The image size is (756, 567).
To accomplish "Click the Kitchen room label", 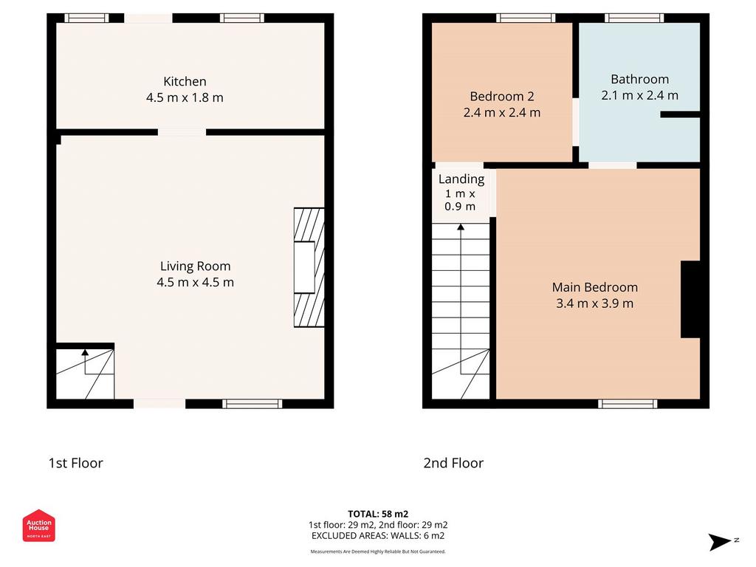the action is pos(185,81).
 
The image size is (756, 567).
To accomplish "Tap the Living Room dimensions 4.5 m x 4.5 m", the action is pos(195,282).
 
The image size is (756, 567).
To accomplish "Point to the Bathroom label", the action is pos(640,79).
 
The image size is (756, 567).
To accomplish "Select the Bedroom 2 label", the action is pos(502,97).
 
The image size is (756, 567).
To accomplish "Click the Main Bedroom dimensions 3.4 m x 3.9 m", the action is pos(595,303).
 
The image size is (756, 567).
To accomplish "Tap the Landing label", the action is pos(461,179).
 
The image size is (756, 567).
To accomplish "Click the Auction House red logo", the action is pos(38,526).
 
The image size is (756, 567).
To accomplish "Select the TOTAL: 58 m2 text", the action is pos(378,514).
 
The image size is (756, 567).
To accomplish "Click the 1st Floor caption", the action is pos(76,464).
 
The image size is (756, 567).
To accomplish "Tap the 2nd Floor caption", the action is pos(453,464).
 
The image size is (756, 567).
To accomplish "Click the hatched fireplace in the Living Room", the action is pos(309,267).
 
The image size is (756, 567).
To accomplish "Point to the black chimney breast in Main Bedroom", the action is pos(690,300).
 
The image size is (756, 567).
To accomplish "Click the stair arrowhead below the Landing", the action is pos(461,227).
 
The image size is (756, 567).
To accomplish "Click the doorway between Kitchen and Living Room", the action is pos(182,132).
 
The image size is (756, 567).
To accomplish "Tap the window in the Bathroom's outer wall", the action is pos(634,18).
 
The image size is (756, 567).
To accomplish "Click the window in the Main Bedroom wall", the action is pos(628,404).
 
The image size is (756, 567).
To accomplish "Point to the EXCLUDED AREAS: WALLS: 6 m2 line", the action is pos(378,536).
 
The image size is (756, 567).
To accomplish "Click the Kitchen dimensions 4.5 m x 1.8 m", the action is pos(185,97).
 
